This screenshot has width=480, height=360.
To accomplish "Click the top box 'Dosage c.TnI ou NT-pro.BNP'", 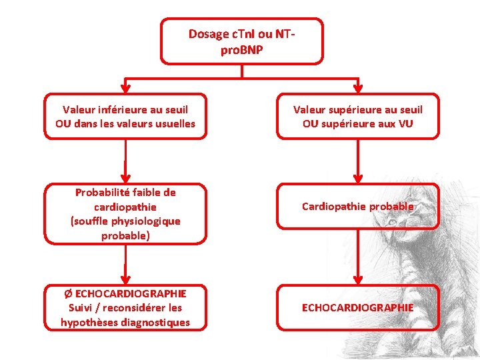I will tap(242, 41).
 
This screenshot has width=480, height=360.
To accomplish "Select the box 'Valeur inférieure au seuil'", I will tap(125, 116).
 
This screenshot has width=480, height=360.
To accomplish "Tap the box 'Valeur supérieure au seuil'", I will tap(358, 116).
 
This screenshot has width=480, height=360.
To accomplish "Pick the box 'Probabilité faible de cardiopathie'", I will tap(125, 214).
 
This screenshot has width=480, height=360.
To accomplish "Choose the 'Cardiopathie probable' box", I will tap(358, 207).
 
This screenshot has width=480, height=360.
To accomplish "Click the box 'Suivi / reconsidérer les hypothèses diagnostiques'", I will tap(125, 308).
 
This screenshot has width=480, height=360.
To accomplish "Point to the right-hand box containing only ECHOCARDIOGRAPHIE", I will tap(358, 307).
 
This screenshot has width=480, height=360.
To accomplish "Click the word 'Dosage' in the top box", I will tap(209, 34).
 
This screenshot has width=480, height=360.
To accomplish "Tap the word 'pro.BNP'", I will tap(242, 49).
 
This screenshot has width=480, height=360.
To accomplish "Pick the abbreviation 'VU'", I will tap(406, 124).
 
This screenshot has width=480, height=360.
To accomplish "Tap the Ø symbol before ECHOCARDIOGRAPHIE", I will tap(67, 293).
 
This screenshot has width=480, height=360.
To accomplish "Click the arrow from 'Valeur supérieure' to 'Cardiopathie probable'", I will tap(358, 161).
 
